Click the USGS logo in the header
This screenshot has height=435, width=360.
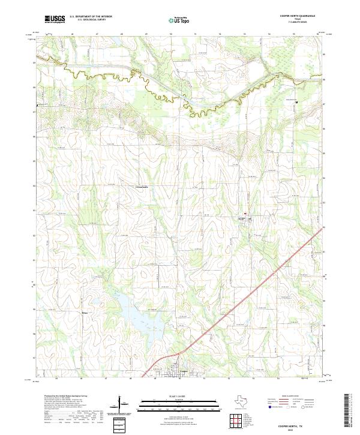pyautogui.click(x=55, y=19)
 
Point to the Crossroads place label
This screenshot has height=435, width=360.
pyautogui.click(x=142, y=187)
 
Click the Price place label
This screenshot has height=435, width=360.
pyautogui.click(x=85, y=313)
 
